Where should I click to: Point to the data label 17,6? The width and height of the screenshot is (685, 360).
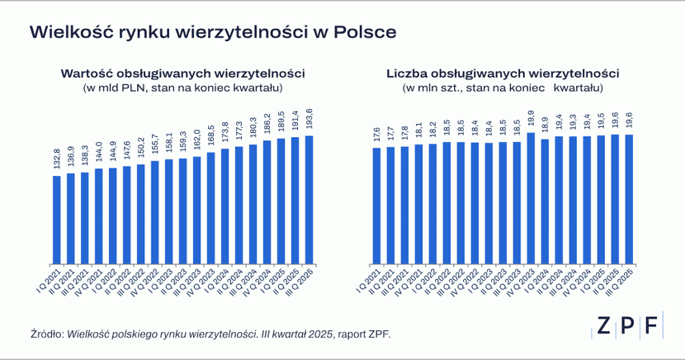tap(376, 134)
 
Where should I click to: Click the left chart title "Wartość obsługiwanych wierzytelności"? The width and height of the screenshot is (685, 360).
tap(183, 73)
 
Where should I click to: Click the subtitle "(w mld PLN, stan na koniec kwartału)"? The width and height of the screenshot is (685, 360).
tap(183, 88)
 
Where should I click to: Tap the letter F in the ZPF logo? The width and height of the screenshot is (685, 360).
tap(652, 325)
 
